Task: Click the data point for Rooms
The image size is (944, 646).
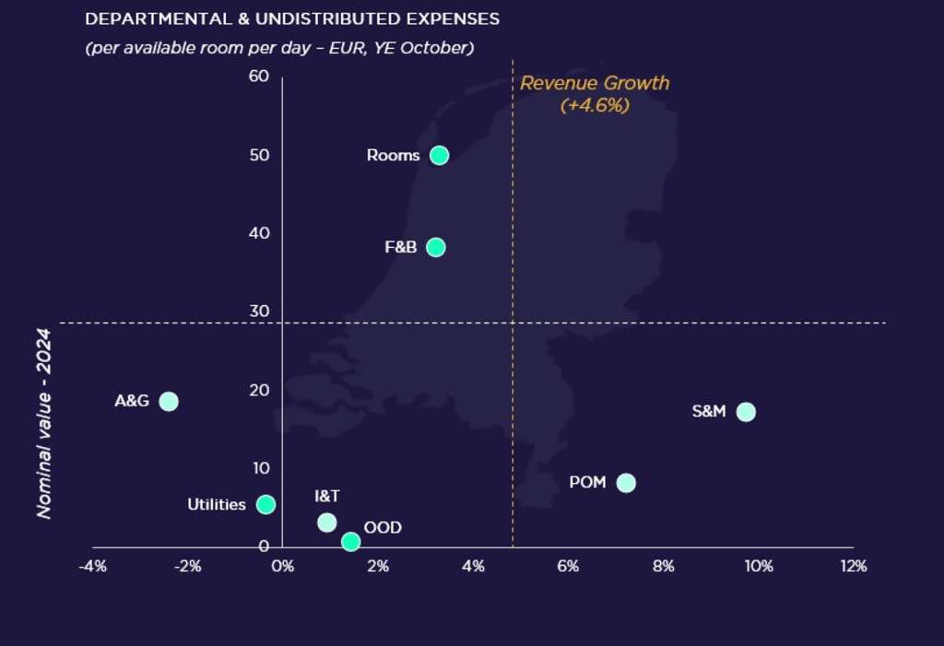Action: point(439,155)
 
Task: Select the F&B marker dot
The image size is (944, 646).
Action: point(436,247)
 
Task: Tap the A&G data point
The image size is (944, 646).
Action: point(168,401)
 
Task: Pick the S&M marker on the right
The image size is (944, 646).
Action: point(746,412)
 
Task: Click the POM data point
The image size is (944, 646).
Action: point(626,483)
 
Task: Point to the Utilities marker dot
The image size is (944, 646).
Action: point(265,504)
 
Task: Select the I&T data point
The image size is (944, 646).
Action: point(326,523)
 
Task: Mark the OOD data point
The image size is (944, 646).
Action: point(350,542)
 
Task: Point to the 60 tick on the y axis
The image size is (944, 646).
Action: point(259,76)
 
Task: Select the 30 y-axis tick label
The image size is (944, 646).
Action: point(259,311)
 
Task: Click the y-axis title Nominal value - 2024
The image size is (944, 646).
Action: point(43,425)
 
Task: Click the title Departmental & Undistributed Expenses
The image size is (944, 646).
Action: point(292,19)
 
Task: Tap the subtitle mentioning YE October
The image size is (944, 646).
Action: point(279,48)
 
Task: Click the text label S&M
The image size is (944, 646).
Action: point(709,412)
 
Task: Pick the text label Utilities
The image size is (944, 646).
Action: point(217,505)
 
